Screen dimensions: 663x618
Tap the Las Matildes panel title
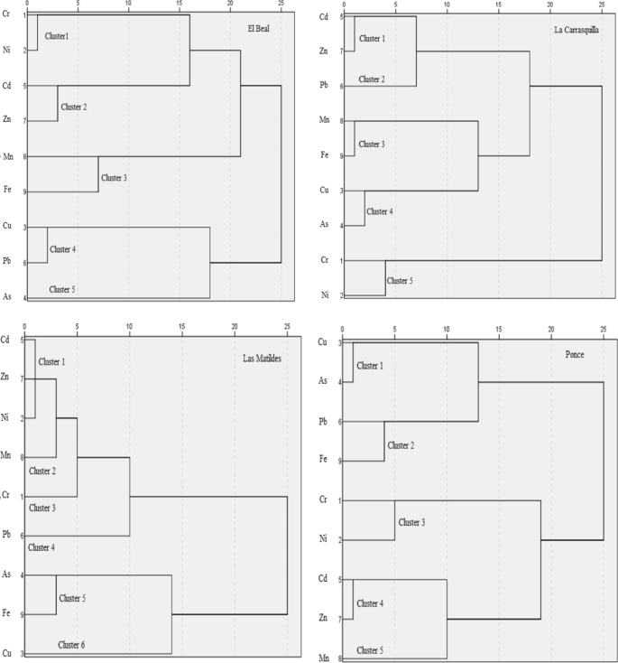click(261, 358)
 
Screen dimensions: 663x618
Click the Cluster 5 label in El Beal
click(62, 289)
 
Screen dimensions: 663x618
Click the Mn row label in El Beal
click(7, 156)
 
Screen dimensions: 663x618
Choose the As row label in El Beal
click(7, 296)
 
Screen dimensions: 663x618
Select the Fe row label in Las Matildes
click(7, 614)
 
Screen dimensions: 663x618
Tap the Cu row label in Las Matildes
click(7, 652)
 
